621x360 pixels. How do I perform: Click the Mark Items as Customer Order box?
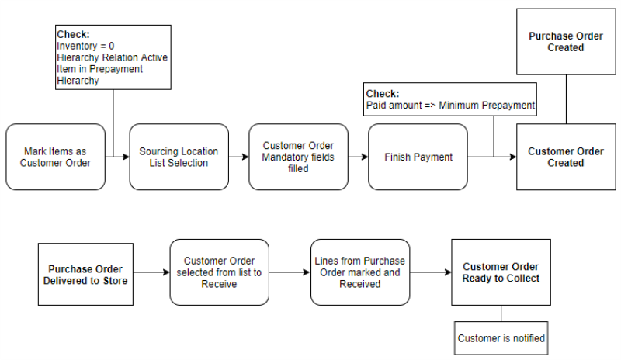pos(55,157)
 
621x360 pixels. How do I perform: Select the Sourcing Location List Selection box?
pos(179,157)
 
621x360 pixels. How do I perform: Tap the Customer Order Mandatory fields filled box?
pos(298,157)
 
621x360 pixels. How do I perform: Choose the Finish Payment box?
pos(418,157)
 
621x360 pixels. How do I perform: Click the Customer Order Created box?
pos(566,157)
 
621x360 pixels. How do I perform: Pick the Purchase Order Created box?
pos(566,42)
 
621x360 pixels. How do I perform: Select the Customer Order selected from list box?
pos(219,273)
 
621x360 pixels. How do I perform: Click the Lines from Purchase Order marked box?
pos(359,273)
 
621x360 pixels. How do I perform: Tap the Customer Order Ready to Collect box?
pos(501,273)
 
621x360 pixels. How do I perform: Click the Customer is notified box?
pos(501,338)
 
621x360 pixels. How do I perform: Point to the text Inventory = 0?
pos(86,47)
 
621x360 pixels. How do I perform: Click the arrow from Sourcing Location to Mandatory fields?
pos(238,157)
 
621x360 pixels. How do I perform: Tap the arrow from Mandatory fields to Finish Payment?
pos(358,157)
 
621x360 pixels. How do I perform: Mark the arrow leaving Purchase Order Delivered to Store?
pos(151,273)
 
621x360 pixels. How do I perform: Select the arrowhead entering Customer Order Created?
pos(512,157)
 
